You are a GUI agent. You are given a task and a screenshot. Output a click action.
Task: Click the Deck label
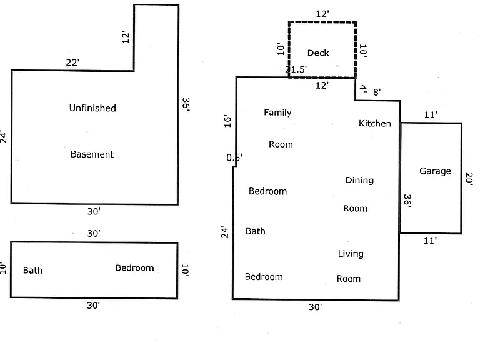click(x=318, y=52)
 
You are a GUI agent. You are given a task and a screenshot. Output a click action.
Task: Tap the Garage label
click(x=435, y=171)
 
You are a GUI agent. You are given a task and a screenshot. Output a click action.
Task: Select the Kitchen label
click(x=375, y=123)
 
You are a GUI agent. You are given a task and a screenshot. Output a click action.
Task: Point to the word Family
click(x=277, y=112)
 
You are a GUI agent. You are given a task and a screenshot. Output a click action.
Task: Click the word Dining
click(x=359, y=180)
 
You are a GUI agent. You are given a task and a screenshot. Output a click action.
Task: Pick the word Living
click(x=351, y=254)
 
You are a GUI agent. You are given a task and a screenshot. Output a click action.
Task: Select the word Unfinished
click(x=92, y=108)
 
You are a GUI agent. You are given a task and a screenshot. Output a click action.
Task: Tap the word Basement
click(x=92, y=154)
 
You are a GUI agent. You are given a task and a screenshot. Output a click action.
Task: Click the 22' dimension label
click(x=73, y=62)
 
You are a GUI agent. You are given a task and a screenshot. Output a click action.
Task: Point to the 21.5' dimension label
click(x=296, y=69)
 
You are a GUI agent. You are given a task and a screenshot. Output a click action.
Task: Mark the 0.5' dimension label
click(x=234, y=157)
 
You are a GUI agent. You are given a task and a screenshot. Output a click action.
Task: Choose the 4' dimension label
click(x=363, y=89)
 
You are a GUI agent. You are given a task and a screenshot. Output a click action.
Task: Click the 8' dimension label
click(x=377, y=92)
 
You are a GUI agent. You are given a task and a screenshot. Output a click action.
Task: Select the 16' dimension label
click(x=227, y=121)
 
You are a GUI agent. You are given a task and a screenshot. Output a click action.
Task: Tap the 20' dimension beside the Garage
click(x=469, y=179)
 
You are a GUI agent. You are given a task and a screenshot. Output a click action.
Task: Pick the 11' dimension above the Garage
click(x=431, y=115)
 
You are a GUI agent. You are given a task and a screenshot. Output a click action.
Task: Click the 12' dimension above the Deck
click(x=322, y=14)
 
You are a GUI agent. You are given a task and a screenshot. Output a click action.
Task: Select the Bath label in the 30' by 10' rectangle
click(x=32, y=270)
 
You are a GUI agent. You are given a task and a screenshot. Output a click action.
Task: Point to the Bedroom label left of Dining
click(x=268, y=191)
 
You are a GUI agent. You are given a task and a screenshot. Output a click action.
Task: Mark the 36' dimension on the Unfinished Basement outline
click(x=186, y=104)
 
